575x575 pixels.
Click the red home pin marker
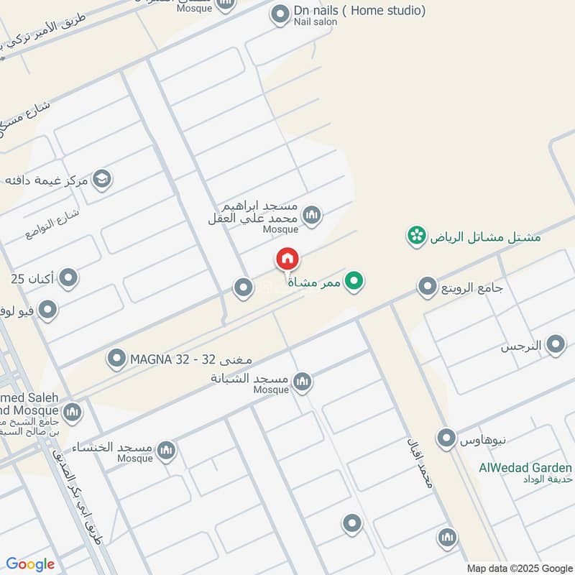coord(287,259)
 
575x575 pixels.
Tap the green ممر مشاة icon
coord(353,282)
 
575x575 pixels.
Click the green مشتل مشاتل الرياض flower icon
coord(415,236)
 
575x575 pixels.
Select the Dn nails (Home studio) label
coord(359,11)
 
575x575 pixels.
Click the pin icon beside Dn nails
coord(280,14)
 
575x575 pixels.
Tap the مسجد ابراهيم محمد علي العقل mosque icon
coord(311,214)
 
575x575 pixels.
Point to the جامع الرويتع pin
coord(428,287)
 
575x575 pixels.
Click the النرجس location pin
coord(555,346)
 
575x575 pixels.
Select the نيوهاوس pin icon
coord(447,437)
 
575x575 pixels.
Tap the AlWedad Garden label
coord(525,468)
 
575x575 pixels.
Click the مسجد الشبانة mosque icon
coord(302,382)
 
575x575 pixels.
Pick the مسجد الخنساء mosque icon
coord(166,451)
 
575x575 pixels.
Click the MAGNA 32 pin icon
coord(116,358)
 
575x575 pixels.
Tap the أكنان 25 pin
coord(68,277)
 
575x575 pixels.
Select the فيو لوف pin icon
coord(47,310)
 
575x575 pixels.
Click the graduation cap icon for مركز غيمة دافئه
coord(102,179)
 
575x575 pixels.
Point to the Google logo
coord(30,564)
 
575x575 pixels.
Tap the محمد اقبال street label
coord(420,464)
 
